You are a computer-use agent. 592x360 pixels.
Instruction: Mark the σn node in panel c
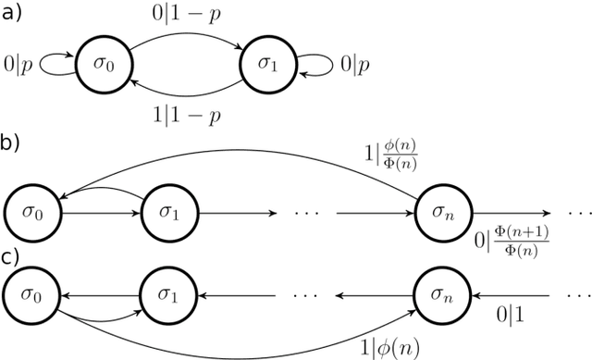coord(441,297)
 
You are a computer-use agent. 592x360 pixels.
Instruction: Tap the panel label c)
coord(12,256)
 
